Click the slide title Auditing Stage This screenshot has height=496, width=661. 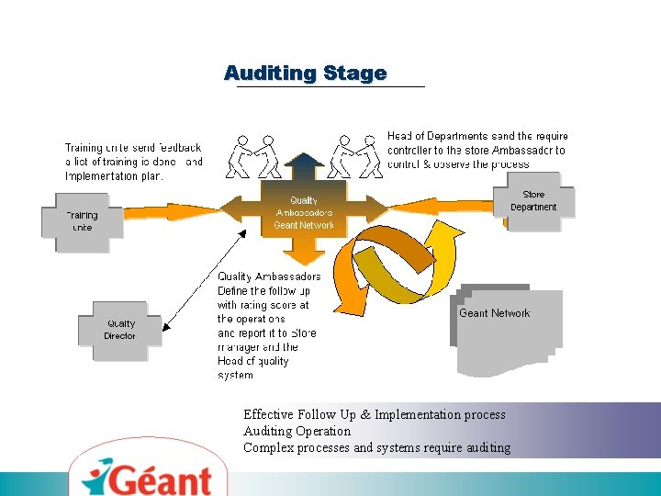coord(306,73)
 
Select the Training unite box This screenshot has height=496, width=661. coord(83,221)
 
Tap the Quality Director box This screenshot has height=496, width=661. coord(120,330)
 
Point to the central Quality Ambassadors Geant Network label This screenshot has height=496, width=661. coord(304,212)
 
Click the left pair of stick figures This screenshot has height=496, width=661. coord(253,156)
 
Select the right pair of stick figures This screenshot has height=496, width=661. coord(354,156)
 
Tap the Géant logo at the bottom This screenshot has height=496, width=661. coord(151,476)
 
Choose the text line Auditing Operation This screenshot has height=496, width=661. coord(297,431)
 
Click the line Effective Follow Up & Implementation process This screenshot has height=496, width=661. coord(374,414)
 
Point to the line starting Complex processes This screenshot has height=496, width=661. coord(376,447)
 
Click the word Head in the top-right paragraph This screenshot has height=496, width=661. coord(400,136)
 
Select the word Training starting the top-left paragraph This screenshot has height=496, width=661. coord(84,147)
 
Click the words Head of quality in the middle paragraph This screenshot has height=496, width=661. coord(252,361)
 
